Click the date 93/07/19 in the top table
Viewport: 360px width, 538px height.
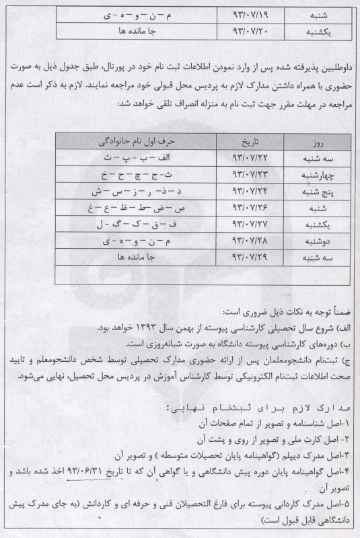tap(248, 14)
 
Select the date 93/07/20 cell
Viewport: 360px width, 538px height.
tap(248, 31)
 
